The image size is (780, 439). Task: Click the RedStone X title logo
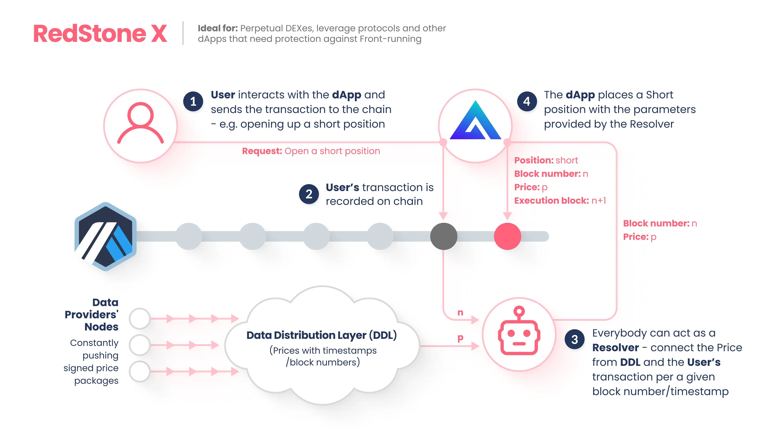[100, 33]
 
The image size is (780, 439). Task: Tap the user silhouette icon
[141, 123]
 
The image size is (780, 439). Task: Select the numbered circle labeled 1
[193, 101]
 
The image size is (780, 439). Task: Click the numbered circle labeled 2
[309, 194]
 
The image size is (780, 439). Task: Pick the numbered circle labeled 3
[575, 339]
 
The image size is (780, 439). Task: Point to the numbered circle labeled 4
[527, 101]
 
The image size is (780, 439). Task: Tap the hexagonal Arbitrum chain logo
[105, 236]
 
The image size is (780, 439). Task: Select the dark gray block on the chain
[444, 236]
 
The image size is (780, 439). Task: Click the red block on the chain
[507, 236]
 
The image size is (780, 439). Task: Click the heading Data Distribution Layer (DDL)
[322, 335]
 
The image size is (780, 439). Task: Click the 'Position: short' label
[546, 160]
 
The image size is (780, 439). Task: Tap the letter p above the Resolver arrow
[460, 338]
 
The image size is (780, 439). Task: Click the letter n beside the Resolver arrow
[460, 312]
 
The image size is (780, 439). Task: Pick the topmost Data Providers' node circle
[140, 318]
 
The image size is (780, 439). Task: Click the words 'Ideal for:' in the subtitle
[218, 28]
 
